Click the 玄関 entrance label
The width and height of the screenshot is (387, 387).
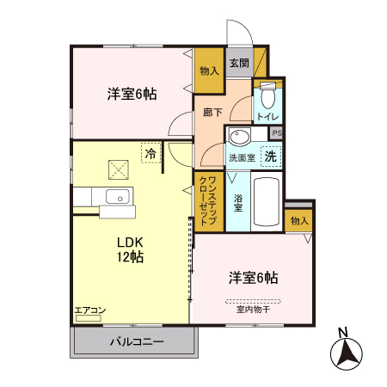click(x=239, y=63)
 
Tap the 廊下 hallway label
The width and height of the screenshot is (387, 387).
click(x=213, y=112)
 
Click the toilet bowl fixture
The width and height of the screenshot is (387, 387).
click(x=268, y=89)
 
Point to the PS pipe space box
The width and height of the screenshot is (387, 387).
click(x=276, y=133)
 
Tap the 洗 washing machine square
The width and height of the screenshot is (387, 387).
click(x=270, y=157)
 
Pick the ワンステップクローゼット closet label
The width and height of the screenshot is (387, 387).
click(x=207, y=200)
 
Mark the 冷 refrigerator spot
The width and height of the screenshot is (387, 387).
click(x=150, y=153)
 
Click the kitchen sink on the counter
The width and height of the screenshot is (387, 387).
click(x=115, y=196)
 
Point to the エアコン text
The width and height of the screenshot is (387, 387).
click(x=89, y=310)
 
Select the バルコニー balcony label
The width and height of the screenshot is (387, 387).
click(x=135, y=342)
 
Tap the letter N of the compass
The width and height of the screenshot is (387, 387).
click(x=342, y=333)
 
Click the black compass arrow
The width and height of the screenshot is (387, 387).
click(x=347, y=353)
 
